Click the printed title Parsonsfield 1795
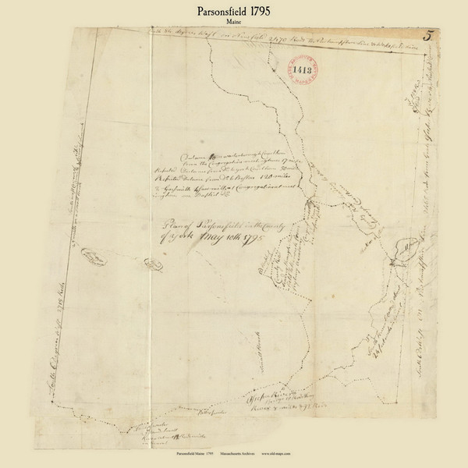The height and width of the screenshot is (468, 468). [233, 10]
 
